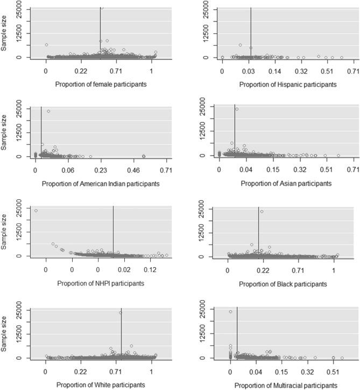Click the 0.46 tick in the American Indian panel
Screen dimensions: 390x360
(x=133, y=170)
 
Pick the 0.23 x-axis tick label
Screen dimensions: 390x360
(x=100, y=170)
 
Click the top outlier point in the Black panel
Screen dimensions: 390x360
(x=262, y=211)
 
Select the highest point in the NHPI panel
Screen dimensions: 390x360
(x=36, y=211)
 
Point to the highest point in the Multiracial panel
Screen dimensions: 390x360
(x=230, y=312)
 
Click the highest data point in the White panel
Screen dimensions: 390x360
(x=121, y=312)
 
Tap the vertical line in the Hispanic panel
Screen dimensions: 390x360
(x=251, y=32)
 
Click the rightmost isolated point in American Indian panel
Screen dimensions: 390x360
(x=144, y=156)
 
